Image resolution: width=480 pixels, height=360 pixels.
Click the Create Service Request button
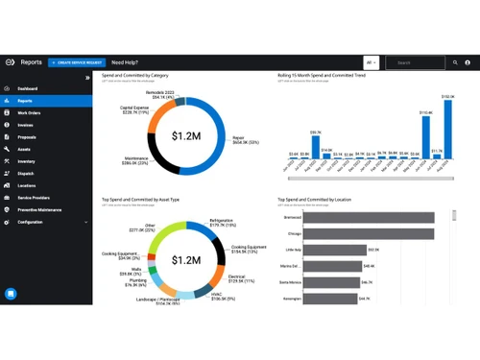point(77,62)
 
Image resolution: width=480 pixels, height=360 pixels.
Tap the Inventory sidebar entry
point(26,161)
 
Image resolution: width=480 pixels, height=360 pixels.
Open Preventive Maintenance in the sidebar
point(39,209)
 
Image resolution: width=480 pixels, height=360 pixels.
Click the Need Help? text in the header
point(130,62)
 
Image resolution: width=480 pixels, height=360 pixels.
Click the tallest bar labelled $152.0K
point(446,129)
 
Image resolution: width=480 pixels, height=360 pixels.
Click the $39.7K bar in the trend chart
point(315,147)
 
